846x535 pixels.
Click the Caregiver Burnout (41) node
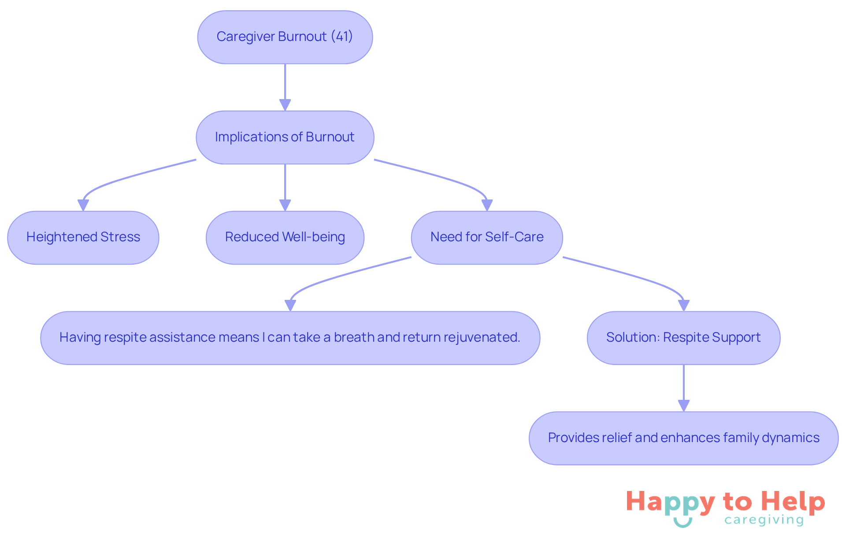pos(285,37)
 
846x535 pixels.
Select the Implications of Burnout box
pos(285,137)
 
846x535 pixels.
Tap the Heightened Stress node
pos(83,237)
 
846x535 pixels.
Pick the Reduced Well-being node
pos(285,237)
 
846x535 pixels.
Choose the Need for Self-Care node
pos(486,237)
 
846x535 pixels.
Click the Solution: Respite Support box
pos(683,338)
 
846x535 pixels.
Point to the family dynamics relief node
pos(683,438)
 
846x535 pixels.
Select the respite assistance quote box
pos(290,338)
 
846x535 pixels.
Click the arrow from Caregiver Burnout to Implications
pos(285,86)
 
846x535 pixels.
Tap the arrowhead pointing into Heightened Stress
pos(83,205)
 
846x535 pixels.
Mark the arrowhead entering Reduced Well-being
pos(285,205)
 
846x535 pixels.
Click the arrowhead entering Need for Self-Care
pos(487,205)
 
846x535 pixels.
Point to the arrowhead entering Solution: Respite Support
pos(683,306)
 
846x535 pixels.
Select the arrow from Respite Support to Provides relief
pos(683,387)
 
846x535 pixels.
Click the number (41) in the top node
pos(342,36)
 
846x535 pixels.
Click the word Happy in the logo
pos(670,502)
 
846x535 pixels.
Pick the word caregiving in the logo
pos(764,520)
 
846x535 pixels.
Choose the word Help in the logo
pos(793,502)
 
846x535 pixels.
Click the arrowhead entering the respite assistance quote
pos(290,306)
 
